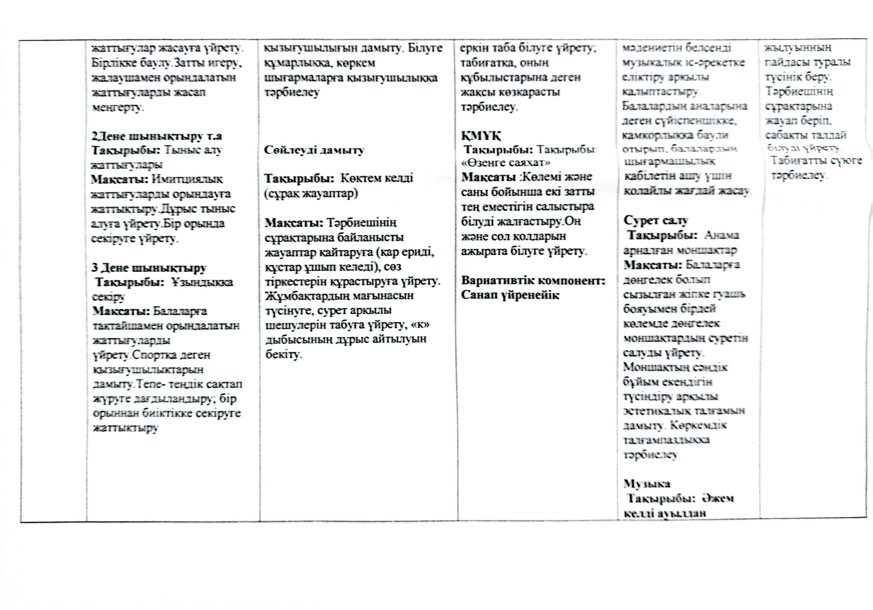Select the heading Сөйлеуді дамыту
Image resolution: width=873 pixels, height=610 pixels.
(x=314, y=150)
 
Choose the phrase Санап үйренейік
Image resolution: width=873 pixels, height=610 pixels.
(x=510, y=295)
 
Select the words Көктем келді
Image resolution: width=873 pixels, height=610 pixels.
(x=377, y=178)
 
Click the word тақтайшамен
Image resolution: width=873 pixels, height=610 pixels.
(x=127, y=326)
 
